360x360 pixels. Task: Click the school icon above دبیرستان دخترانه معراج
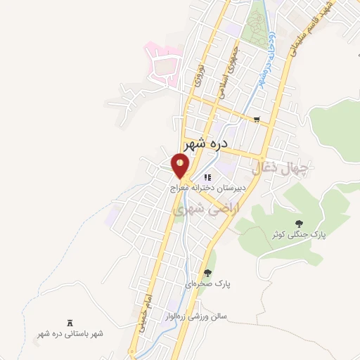[207, 177]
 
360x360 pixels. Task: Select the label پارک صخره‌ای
[207, 283]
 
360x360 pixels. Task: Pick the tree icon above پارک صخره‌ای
[207, 272]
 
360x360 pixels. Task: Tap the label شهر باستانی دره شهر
[70, 333]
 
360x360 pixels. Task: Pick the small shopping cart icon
[257, 120]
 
